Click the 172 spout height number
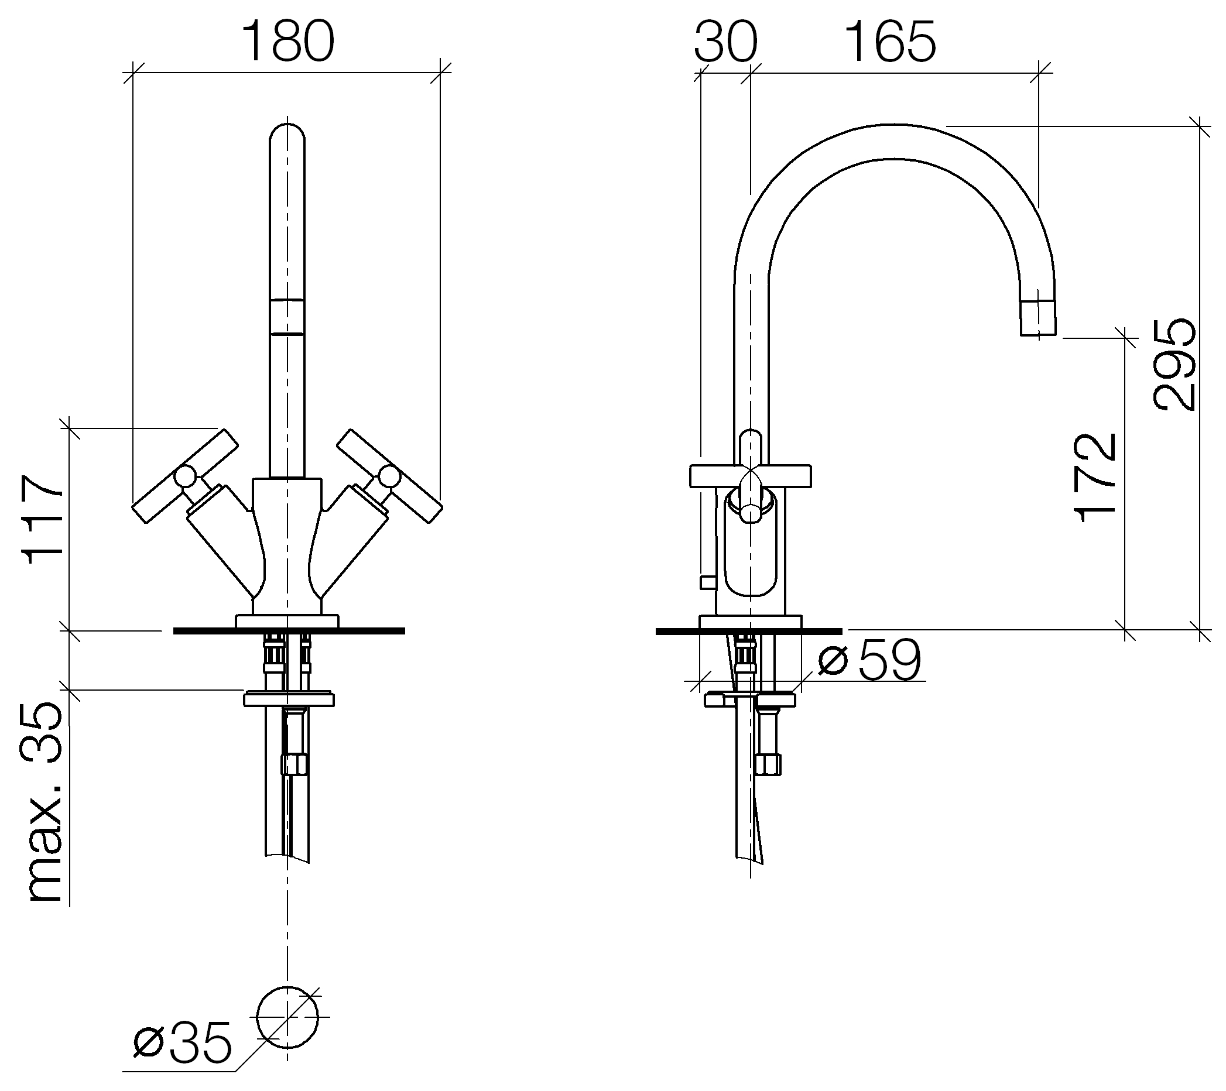[x=1095, y=478]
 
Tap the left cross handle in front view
[x=185, y=476]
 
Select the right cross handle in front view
[x=390, y=476]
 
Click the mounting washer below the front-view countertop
[x=289, y=699]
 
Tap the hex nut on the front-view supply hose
[x=294, y=765]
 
